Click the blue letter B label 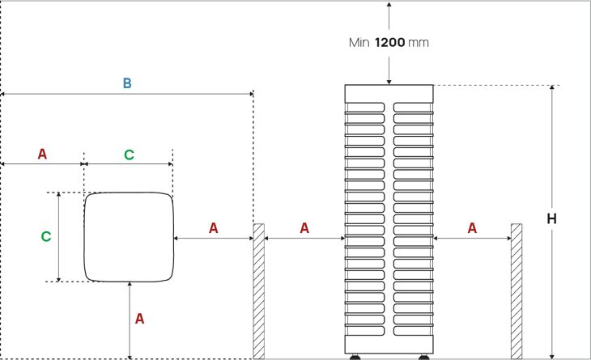[x=127, y=83]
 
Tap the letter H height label [x=551, y=219]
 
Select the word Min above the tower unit [x=357, y=42]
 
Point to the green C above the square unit [x=129, y=155]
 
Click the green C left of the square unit [x=46, y=237]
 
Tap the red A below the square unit [x=139, y=319]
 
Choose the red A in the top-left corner [x=42, y=154]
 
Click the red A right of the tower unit [x=472, y=228]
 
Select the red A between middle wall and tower [x=304, y=228]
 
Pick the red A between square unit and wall [x=214, y=228]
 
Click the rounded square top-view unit [x=129, y=237]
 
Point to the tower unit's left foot [x=355, y=356]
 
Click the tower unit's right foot [x=422, y=356]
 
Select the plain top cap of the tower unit [x=389, y=92]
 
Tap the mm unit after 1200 [x=419, y=42]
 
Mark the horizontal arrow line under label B [x=127, y=95]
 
